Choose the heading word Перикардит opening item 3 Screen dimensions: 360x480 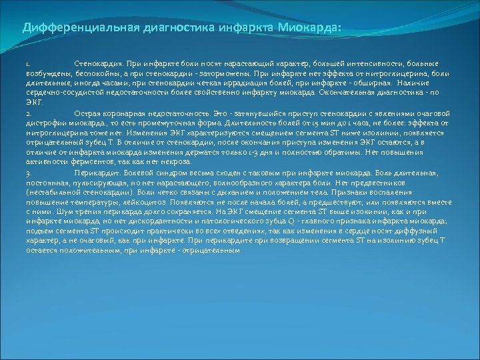pos(95,173)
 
